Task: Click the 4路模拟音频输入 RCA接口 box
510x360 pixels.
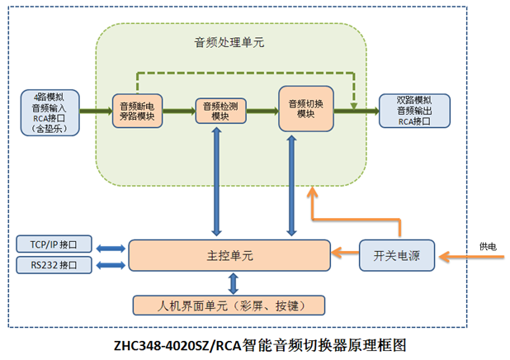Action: click(53, 111)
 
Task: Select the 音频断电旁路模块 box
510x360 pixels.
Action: click(137, 111)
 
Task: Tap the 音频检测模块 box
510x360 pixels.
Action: click(220, 111)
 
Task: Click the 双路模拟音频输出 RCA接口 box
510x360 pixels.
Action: click(414, 111)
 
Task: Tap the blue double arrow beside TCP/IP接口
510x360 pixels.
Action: click(111, 246)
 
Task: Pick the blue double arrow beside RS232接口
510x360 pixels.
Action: click(111, 265)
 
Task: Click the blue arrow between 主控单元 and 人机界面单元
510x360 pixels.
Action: click(234, 282)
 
